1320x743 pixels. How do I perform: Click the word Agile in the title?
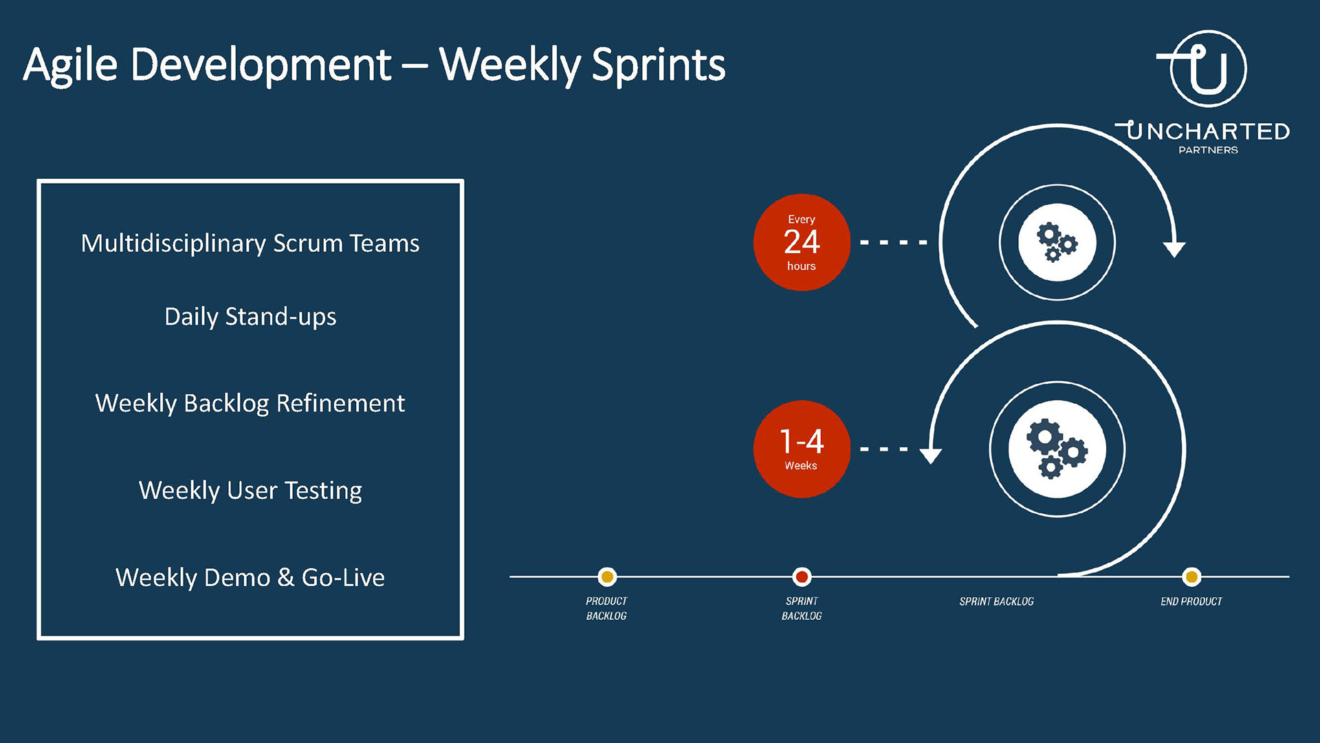click(x=71, y=66)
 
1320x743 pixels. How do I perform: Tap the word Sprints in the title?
click(x=659, y=66)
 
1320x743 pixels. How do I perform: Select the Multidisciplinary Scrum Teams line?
click(x=250, y=244)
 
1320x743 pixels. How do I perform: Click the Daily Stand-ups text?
click(x=250, y=317)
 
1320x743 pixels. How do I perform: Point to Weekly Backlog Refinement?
click(x=250, y=404)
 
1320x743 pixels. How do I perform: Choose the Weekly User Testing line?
click(x=250, y=491)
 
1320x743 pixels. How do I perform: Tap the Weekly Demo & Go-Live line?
click(x=250, y=577)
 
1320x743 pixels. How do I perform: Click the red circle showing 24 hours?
click(x=802, y=242)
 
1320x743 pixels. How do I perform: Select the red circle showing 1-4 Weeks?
click(x=802, y=449)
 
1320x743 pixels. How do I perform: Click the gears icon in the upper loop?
click(x=1057, y=242)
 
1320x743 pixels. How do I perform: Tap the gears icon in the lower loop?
click(x=1057, y=449)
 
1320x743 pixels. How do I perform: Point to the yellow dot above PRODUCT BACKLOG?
click(x=607, y=577)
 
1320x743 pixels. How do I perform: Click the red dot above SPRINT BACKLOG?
click(x=802, y=577)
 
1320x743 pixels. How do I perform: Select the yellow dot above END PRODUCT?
click(x=1191, y=577)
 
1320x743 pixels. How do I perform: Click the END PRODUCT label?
click(x=1191, y=601)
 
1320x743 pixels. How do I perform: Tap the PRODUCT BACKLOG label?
click(x=606, y=608)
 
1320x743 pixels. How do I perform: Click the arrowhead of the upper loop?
click(x=1174, y=250)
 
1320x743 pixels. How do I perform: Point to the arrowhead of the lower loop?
click(x=931, y=456)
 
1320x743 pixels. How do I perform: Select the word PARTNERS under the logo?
click(x=1208, y=150)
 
